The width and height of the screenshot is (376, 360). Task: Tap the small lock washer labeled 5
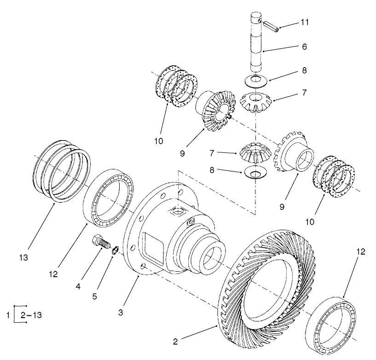[116, 250]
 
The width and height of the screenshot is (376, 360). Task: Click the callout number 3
[121, 313]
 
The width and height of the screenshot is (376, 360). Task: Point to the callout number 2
[175, 341]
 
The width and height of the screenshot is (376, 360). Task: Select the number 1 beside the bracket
[8, 315]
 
